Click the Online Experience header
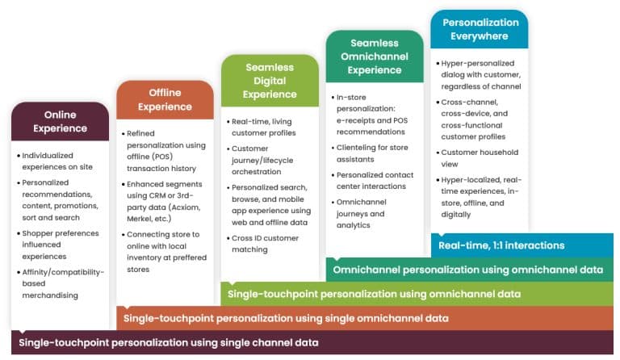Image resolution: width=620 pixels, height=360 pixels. click(60, 121)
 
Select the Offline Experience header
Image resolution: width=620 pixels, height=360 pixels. click(165, 99)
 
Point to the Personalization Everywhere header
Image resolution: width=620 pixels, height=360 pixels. click(480, 29)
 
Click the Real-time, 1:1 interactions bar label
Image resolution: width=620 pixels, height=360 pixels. click(501, 245)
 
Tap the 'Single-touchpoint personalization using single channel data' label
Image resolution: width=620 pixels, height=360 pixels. click(168, 342)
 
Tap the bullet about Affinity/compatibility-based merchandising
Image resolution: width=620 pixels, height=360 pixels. click(63, 283)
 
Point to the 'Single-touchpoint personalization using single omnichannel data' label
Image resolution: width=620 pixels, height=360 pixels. click(286, 318)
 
